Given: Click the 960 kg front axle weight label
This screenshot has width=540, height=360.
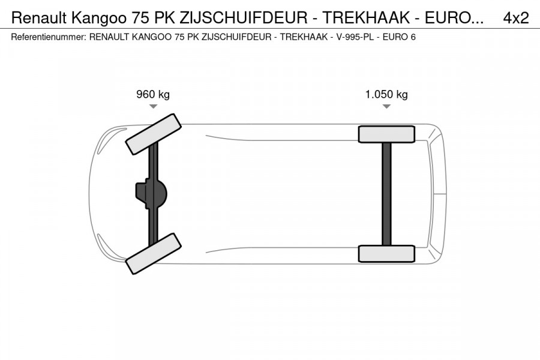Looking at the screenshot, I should click(x=153, y=94).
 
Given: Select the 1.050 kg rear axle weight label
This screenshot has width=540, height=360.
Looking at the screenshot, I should click(x=386, y=94).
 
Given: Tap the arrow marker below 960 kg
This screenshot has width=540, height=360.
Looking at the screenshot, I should click(x=153, y=106).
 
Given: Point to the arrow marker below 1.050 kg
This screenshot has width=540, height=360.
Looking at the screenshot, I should click(x=386, y=106).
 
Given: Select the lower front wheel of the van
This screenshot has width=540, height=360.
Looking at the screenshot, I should click(x=153, y=253).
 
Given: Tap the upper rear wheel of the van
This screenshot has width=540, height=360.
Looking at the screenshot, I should click(x=386, y=134).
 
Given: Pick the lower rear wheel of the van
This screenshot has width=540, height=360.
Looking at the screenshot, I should click(x=386, y=253).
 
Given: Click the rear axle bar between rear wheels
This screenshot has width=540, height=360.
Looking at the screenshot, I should click(x=386, y=193).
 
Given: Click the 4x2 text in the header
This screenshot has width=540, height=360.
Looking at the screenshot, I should click(x=515, y=18).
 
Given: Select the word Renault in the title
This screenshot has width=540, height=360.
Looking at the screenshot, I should click(x=38, y=18).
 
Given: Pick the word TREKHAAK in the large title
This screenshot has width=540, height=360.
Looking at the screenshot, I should click(x=353, y=18).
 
